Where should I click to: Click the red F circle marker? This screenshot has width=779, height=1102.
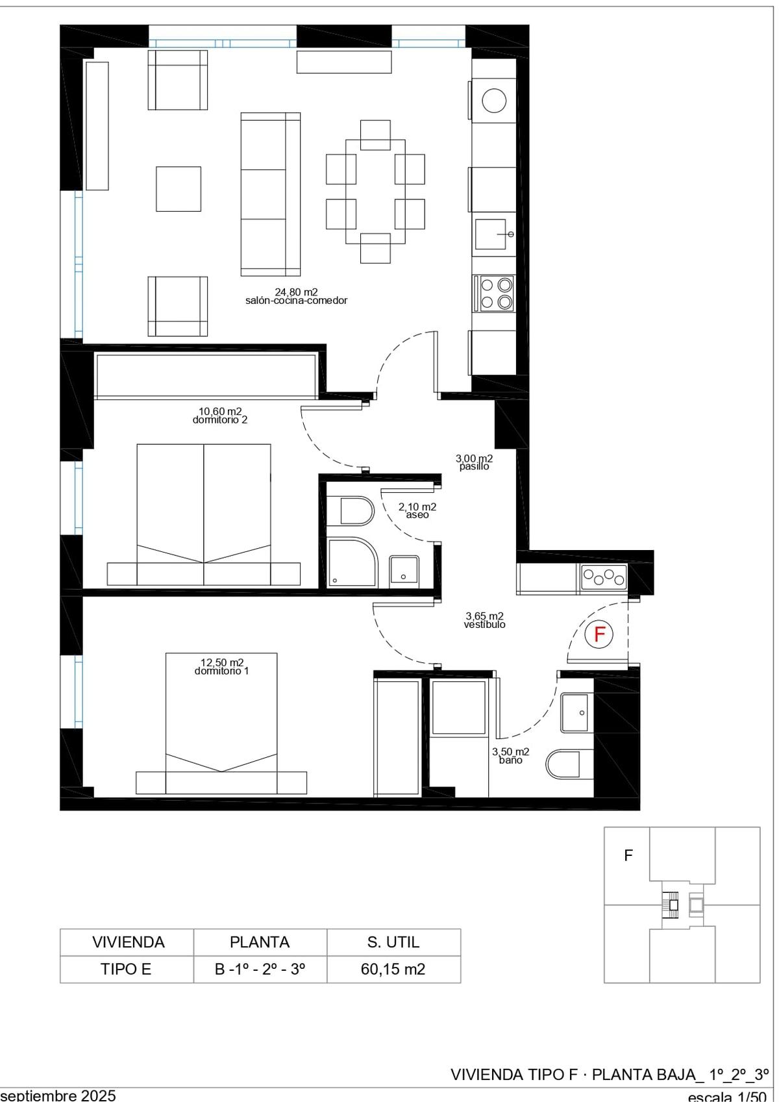599,634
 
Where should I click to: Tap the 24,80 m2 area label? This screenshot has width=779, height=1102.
296,292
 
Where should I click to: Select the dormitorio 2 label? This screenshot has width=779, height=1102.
220,420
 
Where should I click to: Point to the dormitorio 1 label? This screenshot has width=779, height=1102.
222,671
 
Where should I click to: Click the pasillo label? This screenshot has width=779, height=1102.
474,466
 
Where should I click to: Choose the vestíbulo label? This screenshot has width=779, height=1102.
484,625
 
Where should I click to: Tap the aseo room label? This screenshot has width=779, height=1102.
417,515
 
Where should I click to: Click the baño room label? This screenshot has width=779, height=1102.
510,760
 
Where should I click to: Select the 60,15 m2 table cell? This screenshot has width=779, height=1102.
393,969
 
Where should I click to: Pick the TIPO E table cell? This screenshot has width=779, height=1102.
127,969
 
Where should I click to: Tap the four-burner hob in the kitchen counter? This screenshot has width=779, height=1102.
494,294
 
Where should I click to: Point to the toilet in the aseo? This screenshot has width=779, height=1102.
356,511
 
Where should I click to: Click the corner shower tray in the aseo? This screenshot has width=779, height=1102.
352,562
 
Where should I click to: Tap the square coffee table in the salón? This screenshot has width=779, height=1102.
179,189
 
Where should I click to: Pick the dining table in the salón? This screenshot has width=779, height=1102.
375,192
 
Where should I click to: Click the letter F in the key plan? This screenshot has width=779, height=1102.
628,855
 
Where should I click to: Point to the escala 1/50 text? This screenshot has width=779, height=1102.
727,1096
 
